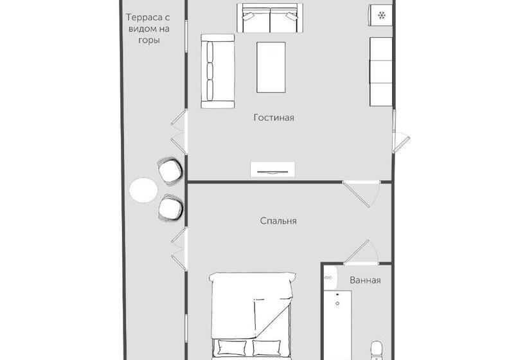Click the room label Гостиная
(274, 118)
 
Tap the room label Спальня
(278, 221)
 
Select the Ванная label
(365, 280)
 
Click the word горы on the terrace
(149, 40)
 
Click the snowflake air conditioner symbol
(382, 15)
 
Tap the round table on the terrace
(143, 190)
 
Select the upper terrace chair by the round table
(170, 171)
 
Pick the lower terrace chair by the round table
(171, 208)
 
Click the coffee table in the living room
(271, 67)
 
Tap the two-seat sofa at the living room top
(270, 18)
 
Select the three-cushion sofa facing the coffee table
(217, 71)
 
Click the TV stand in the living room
(273, 170)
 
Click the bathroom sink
(330, 278)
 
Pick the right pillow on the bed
(267, 348)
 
